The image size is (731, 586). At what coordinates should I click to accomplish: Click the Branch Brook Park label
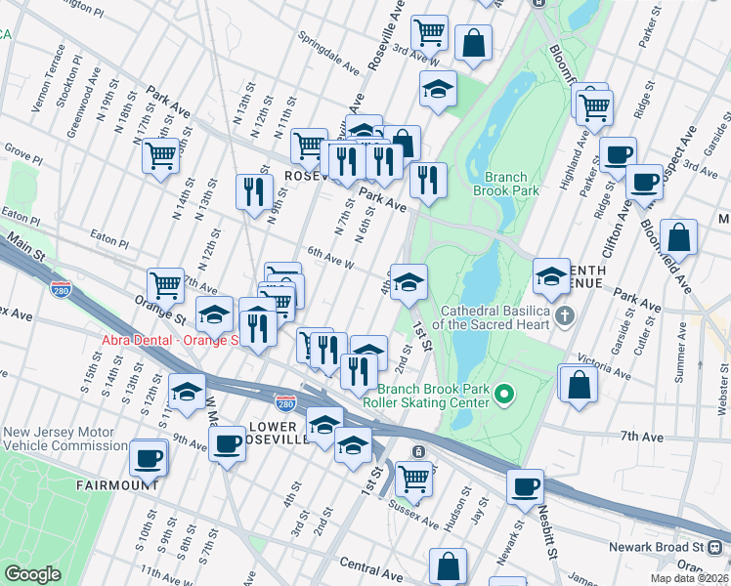(512, 185)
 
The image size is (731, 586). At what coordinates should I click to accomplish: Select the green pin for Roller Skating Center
(504, 394)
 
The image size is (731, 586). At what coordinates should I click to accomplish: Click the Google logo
(33, 574)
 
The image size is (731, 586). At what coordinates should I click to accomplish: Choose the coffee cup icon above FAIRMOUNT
(149, 456)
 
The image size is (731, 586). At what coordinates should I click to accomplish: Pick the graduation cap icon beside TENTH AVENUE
(552, 275)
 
